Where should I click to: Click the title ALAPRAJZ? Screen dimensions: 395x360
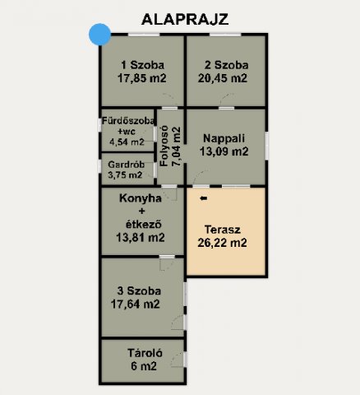tap(184, 18)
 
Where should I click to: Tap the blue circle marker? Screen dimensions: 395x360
tap(99, 35)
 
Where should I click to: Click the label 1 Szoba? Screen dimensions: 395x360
tap(141, 65)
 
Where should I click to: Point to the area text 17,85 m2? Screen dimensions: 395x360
tap(141, 79)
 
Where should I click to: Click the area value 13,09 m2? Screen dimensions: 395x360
tap(224, 151)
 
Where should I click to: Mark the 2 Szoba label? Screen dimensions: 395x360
tap(224, 65)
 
